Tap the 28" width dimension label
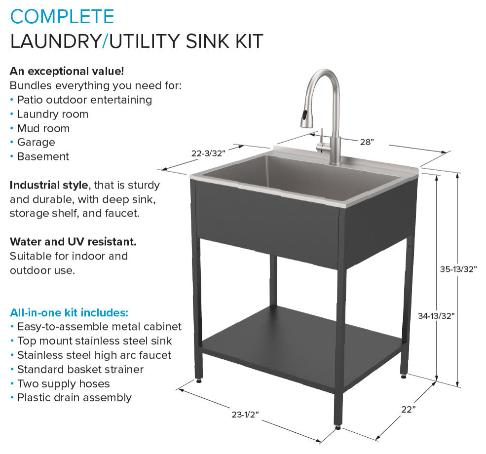[x=367, y=142]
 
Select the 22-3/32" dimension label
[x=208, y=153]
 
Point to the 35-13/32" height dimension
[x=458, y=269]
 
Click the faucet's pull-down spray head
[x=307, y=118]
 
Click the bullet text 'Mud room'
[x=43, y=128]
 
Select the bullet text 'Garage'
[x=36, y=142]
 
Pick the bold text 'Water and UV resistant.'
[x=73, y=242]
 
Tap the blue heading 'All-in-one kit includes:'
[x=69, y=312]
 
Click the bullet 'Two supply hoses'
[x=63, y=383]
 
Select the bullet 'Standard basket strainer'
[x=80, y=369]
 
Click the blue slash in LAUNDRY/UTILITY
[x=104, y=41]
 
